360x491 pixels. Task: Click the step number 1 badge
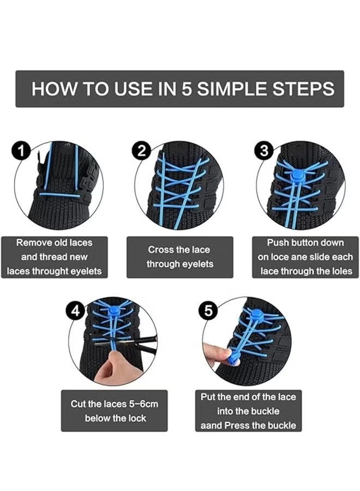[21, 151]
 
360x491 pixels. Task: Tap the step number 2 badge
[142, 151]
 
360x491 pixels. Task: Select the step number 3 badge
[265, 151]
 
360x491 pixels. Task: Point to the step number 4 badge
[75, 311]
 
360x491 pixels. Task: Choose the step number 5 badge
[208, 311]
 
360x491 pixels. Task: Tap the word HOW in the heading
[54, 88]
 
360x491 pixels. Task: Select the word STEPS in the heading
[303, 88]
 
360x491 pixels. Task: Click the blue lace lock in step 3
[296, 176]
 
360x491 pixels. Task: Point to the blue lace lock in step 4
[113, 311]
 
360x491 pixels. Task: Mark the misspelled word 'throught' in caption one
[51, 271]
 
